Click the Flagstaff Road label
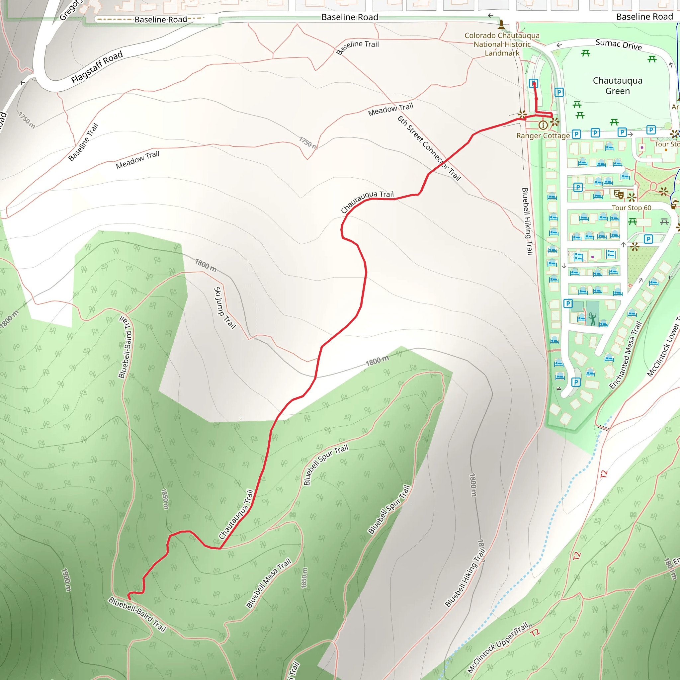click(x=97, y=67)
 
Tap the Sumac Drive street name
click(x=618, y=44)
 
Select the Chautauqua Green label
click(x=617, y=86)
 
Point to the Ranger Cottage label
click(x=543, y=135)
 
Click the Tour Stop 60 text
click(x=632, y=208)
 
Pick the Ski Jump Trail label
click(x=224, y=307)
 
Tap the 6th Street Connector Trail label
click(x=429, y=148)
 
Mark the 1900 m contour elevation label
click(x=66, y=580)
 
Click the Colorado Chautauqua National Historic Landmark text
click(x=502, y=44)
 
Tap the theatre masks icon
click(x=618, y=194)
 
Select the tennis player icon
click(x=592, y=318)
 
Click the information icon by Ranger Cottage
click(x=543, y=125)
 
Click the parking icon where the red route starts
click(x=534, y=83)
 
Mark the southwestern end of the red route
click(x=129, y=598)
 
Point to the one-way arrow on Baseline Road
click(x=491, y=16)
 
